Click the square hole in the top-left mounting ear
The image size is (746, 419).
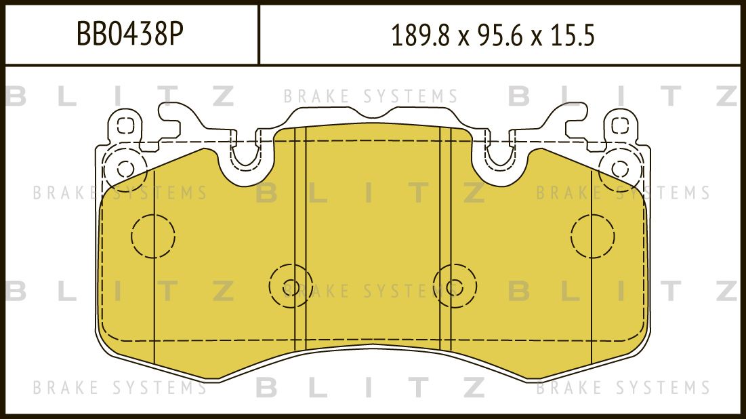tap(123, 125)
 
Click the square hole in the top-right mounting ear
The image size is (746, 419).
tap(620, 125)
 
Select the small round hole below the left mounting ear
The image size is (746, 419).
tap(124, 168)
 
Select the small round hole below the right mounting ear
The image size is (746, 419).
tap(619, 168)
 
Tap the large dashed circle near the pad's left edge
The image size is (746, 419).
tap(152, 236)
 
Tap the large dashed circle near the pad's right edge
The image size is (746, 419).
tap(592, 236)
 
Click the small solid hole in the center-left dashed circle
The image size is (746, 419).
tap(291, 285)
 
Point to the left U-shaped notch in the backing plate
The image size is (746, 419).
tap(245, 157)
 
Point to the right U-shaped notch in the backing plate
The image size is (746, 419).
tap(499, 157)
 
